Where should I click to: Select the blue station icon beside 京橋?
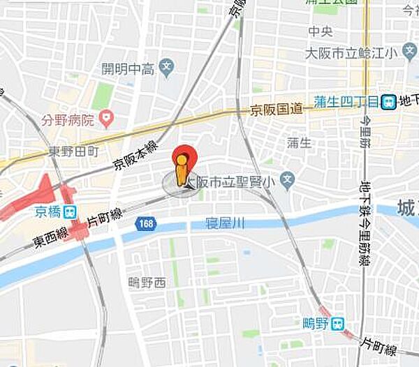pyautogui.click(x=69, y=211)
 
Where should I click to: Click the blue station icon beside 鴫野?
pyautogui.click(x=338, y=323)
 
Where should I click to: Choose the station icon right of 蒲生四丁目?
pyautogui.click(x=388, y=103)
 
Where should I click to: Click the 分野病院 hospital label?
pyautogui.click(x=68, y=119)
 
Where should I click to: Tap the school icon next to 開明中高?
pyautogui.click(x=166, y=68)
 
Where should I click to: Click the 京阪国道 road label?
pyautogui.click(x=277, y=110)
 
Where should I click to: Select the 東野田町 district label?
pyautogui.click(x=75, y=151)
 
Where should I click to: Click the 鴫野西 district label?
pyautogui.click(x=147, y=282)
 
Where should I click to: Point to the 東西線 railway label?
pyautogui.click(x=51, y=238)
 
